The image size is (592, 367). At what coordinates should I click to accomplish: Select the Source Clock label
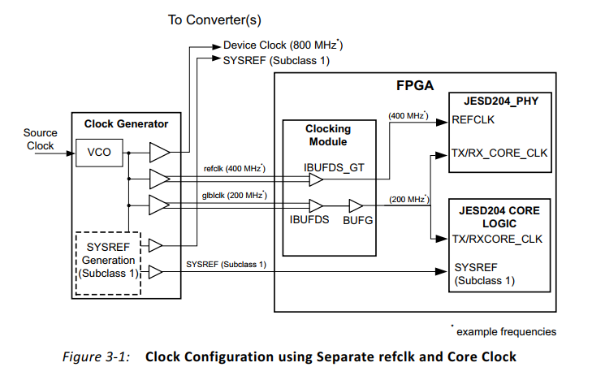click(40, 140)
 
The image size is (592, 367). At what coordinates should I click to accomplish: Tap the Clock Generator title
click(126, 124)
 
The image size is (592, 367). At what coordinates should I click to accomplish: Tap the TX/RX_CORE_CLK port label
click(499, 153)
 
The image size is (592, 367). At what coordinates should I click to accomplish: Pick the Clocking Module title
click(328, 135)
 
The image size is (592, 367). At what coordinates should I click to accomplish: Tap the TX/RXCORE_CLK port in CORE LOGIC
click(498, 239)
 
